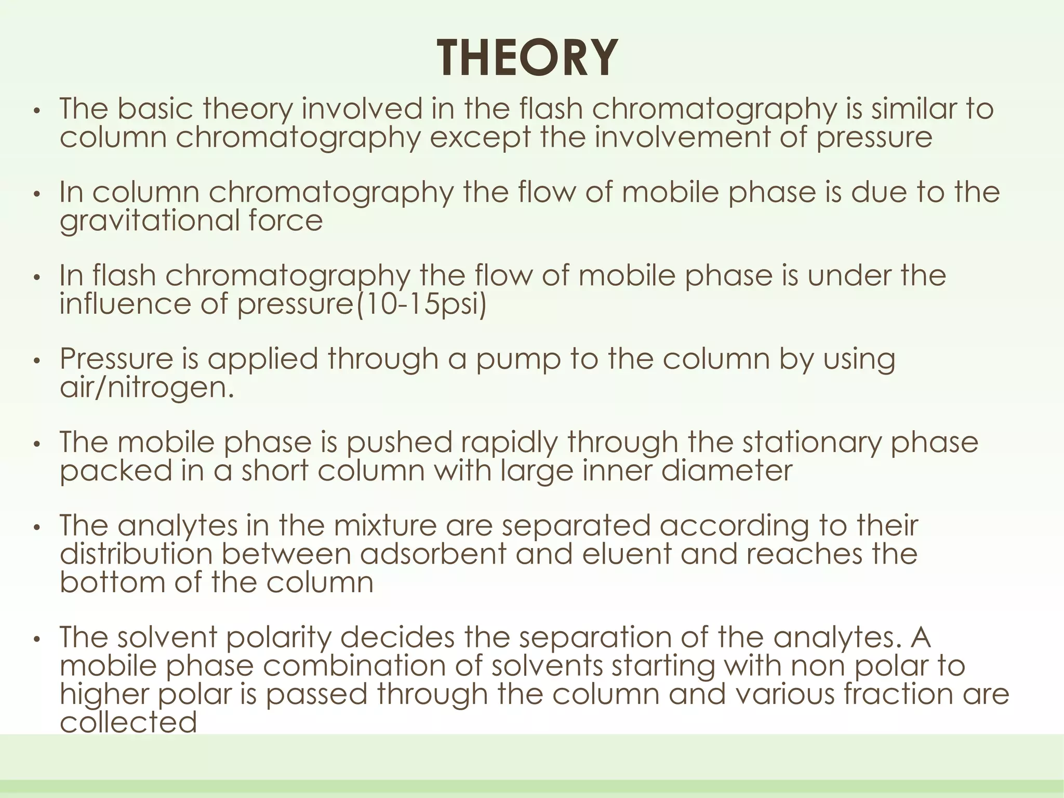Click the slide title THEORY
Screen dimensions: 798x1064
coord(527,59)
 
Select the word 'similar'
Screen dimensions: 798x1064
coord(913,109)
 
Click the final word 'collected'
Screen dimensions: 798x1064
coord(128,722)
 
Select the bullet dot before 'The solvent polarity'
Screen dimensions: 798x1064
coord(36,639)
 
